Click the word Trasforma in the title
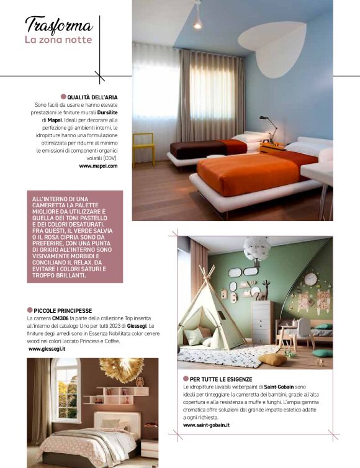[59, 25]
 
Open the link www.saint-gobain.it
[207, 425]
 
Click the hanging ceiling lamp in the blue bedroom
[197, 20]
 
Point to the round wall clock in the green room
[310, 279]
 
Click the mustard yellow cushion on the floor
[273, 359]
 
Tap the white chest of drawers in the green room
[261, 322]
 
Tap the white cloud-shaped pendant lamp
[256, 248]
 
